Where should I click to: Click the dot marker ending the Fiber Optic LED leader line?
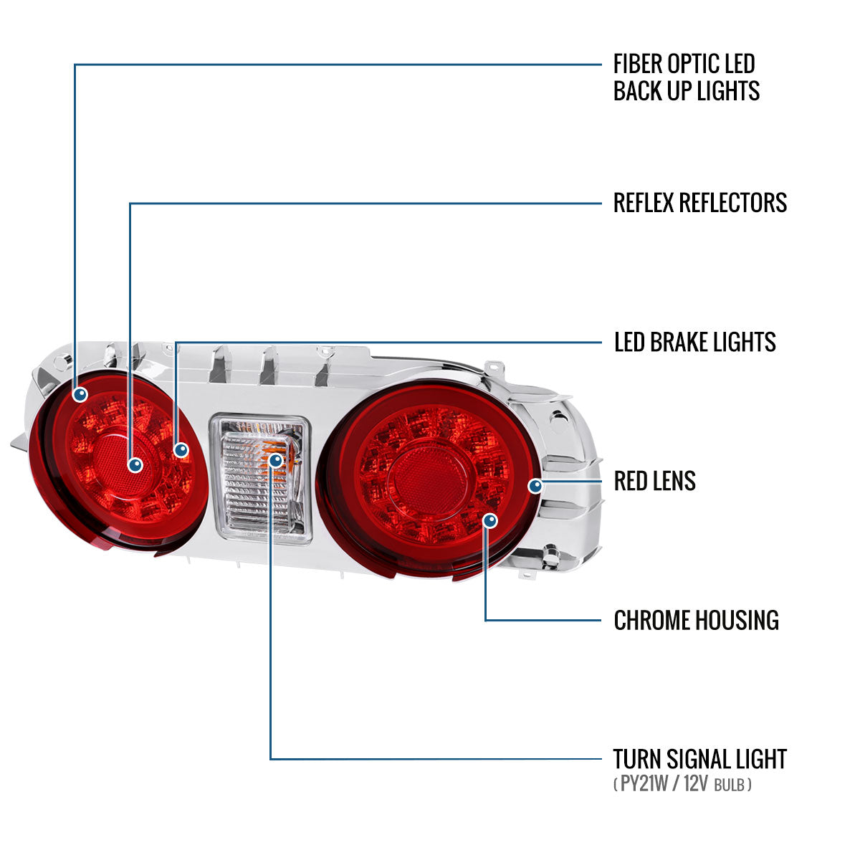pos(80,394)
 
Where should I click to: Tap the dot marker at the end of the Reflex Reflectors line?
pos(135,465)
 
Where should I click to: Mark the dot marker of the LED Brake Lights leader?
pos(181,450)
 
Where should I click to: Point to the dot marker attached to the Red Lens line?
pos(535,486)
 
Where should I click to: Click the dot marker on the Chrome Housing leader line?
pos(490,520)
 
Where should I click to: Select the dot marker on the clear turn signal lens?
pos(276,460)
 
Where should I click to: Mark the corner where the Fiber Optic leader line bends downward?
pos(75,64)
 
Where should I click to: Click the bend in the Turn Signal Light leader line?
pos(270,759)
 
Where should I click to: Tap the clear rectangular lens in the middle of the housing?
pos(261,479)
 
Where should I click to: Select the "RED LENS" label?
pos(654,481)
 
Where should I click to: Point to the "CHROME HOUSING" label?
pos(696,621)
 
